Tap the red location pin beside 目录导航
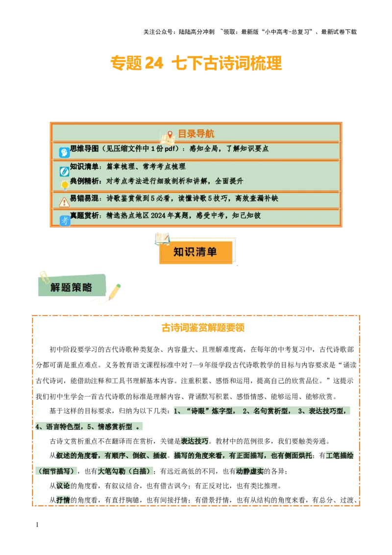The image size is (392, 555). (170, 134)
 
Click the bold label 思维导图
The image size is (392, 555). (84, 149)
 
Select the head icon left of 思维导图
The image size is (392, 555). (64, 152)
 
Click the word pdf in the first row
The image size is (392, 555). (171, 149)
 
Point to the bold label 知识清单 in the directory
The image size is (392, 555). (84, 167)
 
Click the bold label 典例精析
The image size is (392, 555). (84, 181)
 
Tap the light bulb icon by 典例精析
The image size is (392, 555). (64, 185)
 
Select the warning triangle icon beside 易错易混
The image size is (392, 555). (64, 202)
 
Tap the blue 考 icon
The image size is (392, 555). (65, 221)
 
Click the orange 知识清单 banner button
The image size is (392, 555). (196, 252)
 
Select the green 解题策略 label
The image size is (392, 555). (72, 287)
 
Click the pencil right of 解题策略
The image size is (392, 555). (114, 291)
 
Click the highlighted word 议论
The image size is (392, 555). (63, 485)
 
